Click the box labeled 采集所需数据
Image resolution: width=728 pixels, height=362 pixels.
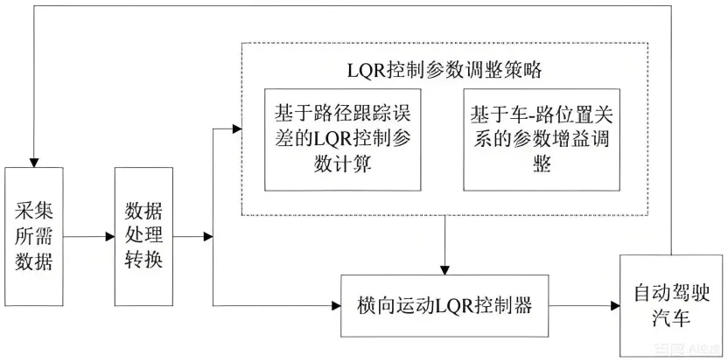33,236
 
